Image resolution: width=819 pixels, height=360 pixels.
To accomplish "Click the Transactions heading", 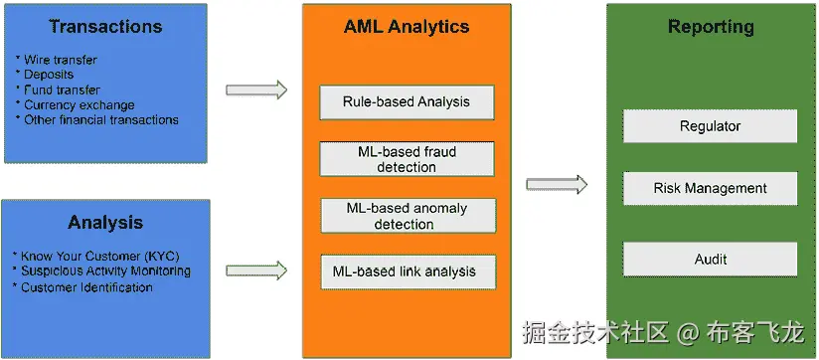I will (x=105, y=27).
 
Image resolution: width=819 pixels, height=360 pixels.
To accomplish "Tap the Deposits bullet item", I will (x=48, y=75).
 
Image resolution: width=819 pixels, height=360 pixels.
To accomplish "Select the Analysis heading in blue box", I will (x=105, y=223).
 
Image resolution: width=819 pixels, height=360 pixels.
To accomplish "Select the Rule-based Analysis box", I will (x=406, y=101).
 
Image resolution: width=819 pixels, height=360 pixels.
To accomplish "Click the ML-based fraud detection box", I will (x=406, y=159).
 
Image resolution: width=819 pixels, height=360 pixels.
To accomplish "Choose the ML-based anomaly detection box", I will (x=406, y=216).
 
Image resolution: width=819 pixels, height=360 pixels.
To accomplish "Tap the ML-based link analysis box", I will (x=406, y=270).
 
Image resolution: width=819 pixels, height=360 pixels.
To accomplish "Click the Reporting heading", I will (x=710, y=27).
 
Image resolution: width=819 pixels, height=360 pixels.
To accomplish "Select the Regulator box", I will (x=710, y=126).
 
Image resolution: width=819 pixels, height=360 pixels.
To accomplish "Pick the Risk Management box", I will (x=710, y=188).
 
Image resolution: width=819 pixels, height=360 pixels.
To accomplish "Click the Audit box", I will (x=710, y=260).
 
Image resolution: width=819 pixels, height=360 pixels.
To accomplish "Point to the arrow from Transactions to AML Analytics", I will (x=256, y=90).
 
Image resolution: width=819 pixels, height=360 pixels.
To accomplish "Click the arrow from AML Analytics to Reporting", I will (x=556, y=184).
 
